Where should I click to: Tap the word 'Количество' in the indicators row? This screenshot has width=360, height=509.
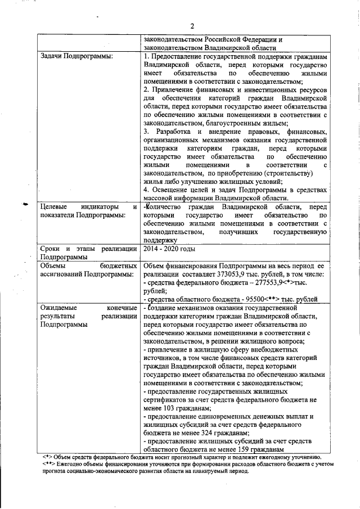click(x=167, y=207)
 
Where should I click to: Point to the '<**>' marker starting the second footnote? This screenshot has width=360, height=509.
click(x=50, y=465)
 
